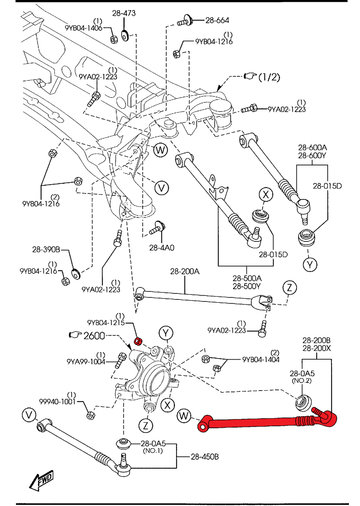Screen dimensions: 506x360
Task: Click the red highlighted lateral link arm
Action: coord(260,422)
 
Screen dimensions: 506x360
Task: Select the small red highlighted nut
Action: coord(138,341)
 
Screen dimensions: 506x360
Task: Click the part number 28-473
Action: coord(124,13)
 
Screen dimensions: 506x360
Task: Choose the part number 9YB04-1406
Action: coord(84,28)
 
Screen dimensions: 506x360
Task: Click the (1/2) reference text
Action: coord(269,77)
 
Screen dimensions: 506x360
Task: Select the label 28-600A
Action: coord(312,147)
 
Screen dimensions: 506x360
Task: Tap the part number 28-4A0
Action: coord(162,248)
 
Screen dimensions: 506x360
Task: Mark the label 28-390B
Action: coord(46,249)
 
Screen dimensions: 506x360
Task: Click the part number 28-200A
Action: coord(185,271)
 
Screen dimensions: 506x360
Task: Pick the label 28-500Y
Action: coord(247,286)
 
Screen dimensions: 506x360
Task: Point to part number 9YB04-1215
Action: coord(106,323)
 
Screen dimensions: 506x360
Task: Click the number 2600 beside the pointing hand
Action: coord(94,336)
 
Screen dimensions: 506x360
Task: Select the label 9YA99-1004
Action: coord(86,362)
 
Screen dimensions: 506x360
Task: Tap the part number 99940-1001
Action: coord(58,401)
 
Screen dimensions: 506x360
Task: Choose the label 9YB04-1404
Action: coord(261,360)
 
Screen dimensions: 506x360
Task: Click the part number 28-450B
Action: coord(205,457)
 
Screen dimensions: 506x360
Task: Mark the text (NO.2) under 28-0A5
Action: coord(302,381)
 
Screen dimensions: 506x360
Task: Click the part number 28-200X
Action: coord(316,348)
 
